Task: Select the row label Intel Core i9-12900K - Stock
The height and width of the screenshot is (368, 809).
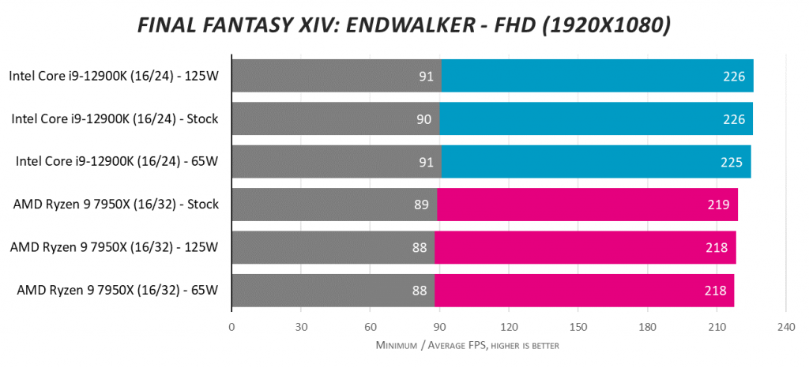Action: (x=115, y=119)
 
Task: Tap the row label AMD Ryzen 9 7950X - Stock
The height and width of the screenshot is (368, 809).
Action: (x=115, y=205)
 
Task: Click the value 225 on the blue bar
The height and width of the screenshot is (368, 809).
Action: (x=733, y=162)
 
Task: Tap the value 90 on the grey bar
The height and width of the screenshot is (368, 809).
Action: (x=423, y=119)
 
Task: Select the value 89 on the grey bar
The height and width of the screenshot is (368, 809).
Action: (x=421, y=205)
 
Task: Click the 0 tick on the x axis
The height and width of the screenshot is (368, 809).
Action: (x=231, y=328)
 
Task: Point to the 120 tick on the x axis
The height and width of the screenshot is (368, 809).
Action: (x=509, y=328)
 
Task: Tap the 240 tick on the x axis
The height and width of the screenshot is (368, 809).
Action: (x=785, y=328)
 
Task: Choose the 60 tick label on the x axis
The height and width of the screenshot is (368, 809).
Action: (x=370, y=328)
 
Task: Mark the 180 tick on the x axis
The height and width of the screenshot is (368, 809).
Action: (x=647, y=328)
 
